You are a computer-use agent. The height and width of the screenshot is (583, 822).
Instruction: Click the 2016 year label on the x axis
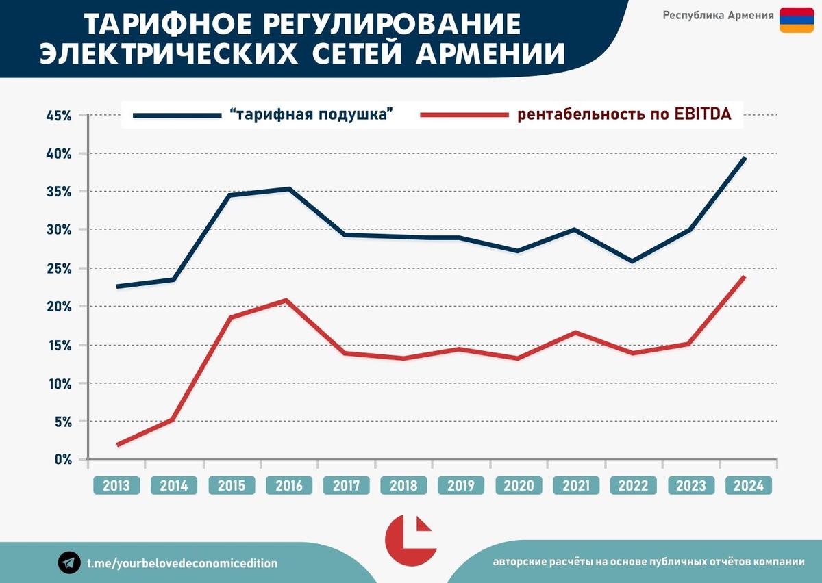(x=289, y=486)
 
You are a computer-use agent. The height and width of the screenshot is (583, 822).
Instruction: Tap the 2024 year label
(x=748, y=486)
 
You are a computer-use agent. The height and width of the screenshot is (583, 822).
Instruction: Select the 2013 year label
(x=116, y=486)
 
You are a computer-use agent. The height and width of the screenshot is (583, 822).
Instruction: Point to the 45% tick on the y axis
(x=59, y=116)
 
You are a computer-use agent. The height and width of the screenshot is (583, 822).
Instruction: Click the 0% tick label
(x=63, y=459)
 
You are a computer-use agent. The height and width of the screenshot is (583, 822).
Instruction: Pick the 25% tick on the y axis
(x=59, y=268)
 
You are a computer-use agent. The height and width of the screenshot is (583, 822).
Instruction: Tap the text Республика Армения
(x=718, y=16)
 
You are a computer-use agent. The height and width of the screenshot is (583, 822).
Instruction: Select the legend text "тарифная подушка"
(x=315, y=114)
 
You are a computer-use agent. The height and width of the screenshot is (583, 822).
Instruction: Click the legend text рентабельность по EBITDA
(x=624, y=114)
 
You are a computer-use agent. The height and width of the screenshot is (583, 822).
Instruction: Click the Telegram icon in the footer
(x=68, y=562)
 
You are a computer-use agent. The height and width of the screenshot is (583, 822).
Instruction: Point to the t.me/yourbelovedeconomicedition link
(x=182, y=563)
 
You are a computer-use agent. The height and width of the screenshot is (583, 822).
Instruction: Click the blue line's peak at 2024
(x=745, y=158)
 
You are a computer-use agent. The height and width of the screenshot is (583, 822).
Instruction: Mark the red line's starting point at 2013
(x=118, y=445)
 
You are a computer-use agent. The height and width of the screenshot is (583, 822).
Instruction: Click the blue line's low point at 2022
(x=632, y=261)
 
